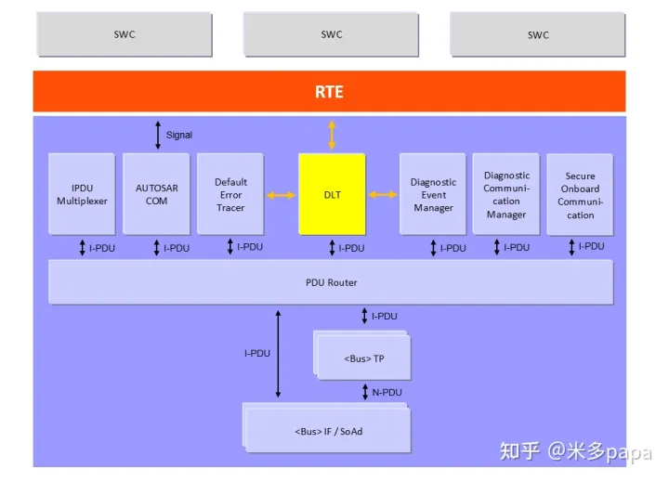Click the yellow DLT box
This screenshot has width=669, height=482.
(x=332, y=194)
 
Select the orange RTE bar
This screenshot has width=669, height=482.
(x=329, y=92)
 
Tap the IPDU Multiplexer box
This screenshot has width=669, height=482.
(x=82, y=194)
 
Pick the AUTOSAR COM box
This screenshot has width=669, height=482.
(x=156, y=194)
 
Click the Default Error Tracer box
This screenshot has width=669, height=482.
(x=230, y=194)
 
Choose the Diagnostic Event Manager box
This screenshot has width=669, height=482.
(x=433, y=194)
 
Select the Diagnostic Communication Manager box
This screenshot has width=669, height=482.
(x=506, y=194)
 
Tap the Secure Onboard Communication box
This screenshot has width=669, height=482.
(x=580, y=194)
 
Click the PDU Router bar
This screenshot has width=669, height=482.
(x=331, y=282)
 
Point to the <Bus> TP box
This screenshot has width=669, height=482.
(x=364, y=358)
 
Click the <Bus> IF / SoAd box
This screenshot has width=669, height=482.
(x=327, y=431)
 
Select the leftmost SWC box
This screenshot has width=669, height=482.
(x=124, y=34)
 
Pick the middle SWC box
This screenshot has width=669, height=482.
(x=331, y=34)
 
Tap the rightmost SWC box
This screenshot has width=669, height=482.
(x=538, y=34)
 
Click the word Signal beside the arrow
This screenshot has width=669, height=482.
(x=179, y=135)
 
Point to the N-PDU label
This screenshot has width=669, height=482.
(x=387, y=392)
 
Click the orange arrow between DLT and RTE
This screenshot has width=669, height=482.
(x=332, y=135)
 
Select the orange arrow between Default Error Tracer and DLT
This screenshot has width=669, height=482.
(x=281, y=195)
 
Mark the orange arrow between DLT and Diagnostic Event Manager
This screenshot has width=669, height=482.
(x=382, y=195)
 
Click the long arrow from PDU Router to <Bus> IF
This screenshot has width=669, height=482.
(x=277, y=354)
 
